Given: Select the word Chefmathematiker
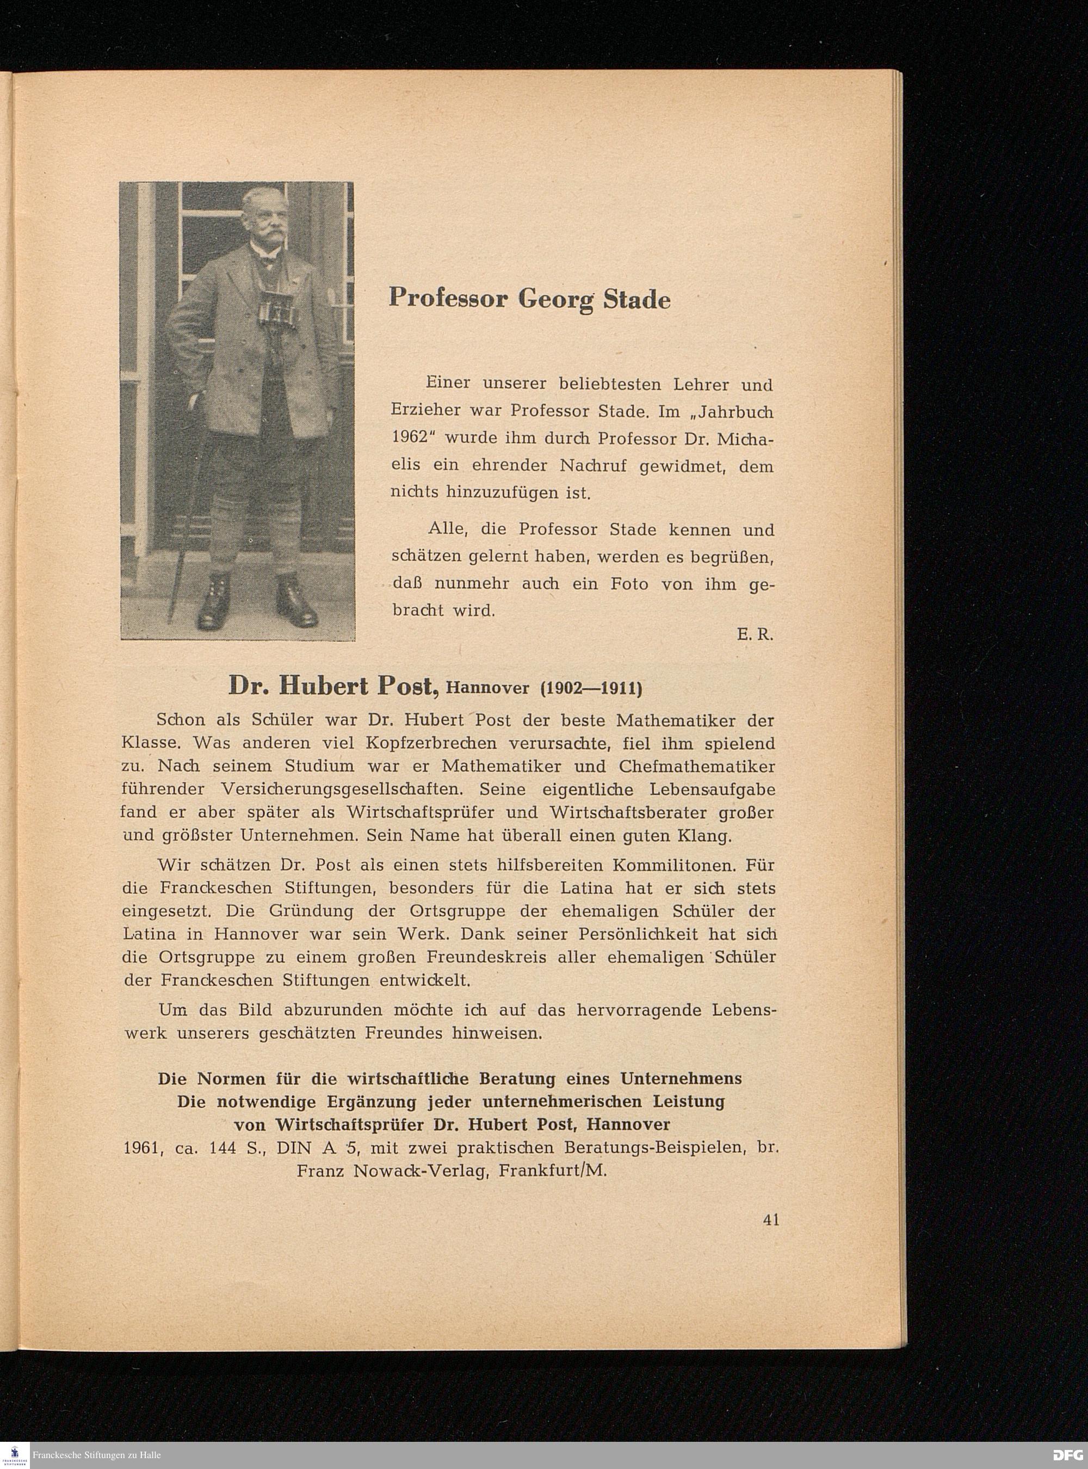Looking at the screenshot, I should tap(697, 766).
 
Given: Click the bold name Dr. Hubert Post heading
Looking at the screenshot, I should tap(333, 687).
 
